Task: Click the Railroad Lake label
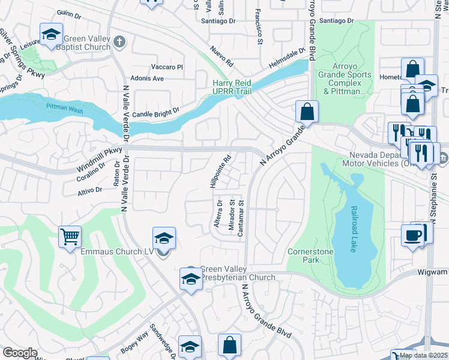tap(352, 230)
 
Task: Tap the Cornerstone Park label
tap(310, 256)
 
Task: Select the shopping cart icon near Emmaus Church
tap(70, 236)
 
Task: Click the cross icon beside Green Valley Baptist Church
tap(119, 41)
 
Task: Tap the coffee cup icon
tap(413, 235)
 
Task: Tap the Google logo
tap(20, 353)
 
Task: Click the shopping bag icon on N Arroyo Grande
tap(307, 111)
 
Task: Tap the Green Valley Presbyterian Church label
tap(237, 273)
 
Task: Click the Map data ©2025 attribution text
tap(423, 355)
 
